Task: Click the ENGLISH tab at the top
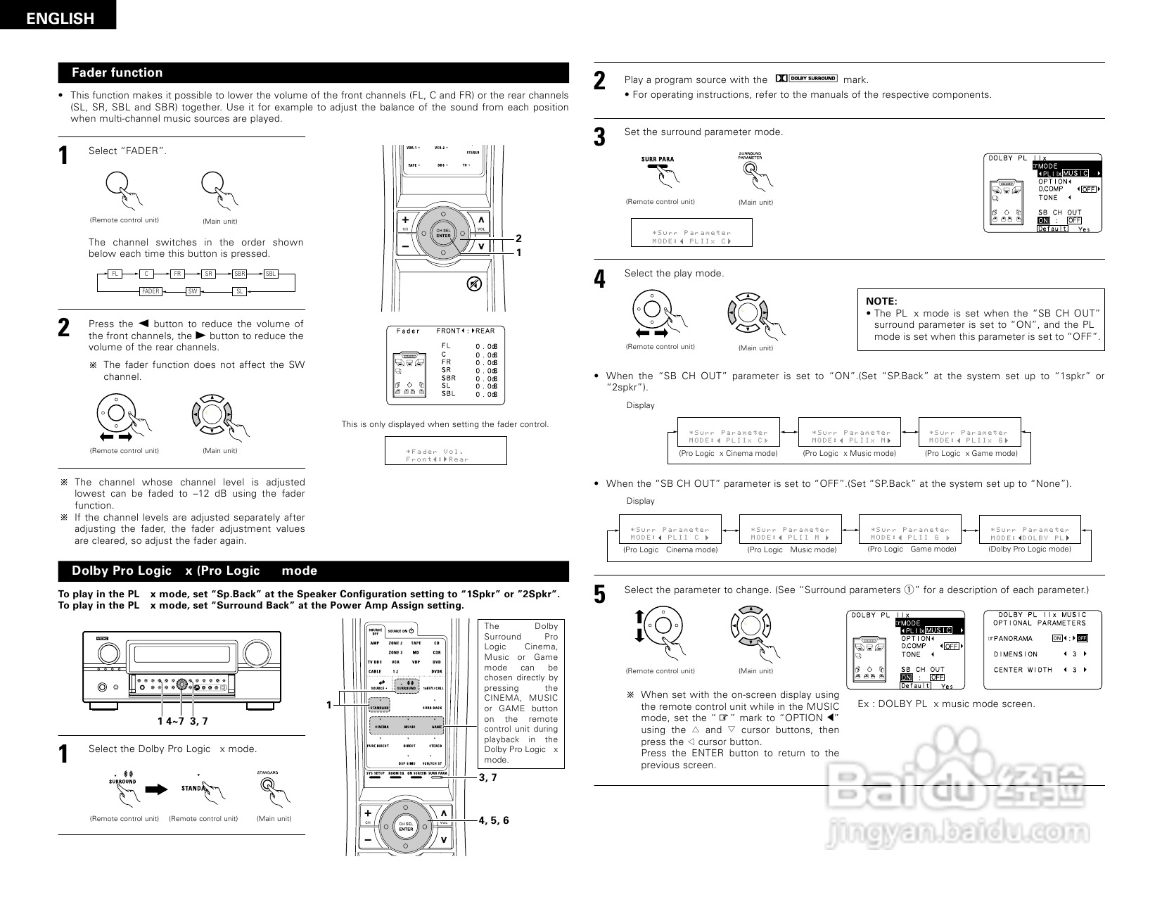(x=59, y=18)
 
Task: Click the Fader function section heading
(x=117, y=72)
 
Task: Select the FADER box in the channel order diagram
(x=151, y=291)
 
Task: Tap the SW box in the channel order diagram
(x=193, y=291)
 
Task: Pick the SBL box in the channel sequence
(x=271, y=274)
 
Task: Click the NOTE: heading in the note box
(x=881, y=301)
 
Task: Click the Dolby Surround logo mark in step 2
(x=806, y=78)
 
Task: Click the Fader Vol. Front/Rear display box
(x=445, y=451)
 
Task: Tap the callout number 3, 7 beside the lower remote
(x=488, y=777)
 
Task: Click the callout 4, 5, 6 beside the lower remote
(x=494, y=820)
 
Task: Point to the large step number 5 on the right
(x=599, y=595)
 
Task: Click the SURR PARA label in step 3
(x=658, y=159)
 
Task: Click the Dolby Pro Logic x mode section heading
(x=194, y=571)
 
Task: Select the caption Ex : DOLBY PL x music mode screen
(x=946, y=704)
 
